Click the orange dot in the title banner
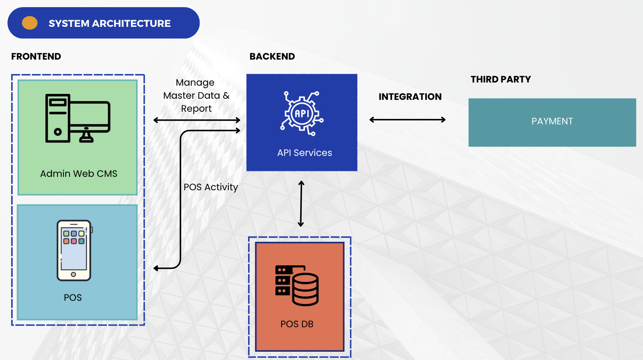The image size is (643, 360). pos(30,23)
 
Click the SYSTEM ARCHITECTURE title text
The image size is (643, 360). pos(110,24)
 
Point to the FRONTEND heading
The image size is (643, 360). pos(36,56)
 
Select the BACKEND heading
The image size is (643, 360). pos(272,56)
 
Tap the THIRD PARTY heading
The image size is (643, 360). pos(501,79)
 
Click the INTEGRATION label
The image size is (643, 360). pos(410,97)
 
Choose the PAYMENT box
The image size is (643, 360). pos(552,122)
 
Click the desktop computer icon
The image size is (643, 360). pos(78,118)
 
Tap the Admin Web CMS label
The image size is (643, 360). pos(79,174)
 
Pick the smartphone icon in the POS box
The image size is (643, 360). pos(74,250)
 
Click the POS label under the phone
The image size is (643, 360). pos(73,298)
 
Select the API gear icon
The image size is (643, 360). pos(302,114)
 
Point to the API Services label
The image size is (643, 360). pos(305,153)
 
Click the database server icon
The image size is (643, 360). pos(297,285)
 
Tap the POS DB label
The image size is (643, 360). pos(297,324)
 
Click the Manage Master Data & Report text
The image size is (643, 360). pos(196,96)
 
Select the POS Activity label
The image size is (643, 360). pos(211,187)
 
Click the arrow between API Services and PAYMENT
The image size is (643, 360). pos(407,120)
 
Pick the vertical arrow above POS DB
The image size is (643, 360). pos(301,204)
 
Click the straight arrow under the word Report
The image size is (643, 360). pos(197,120)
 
